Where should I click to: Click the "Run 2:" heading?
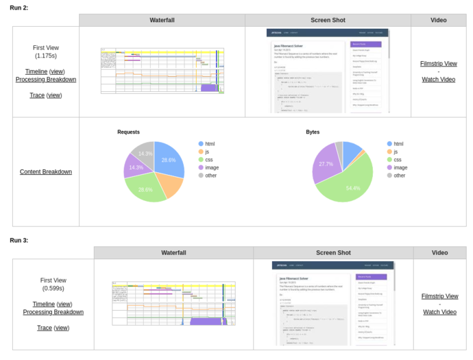(x=19, y=7)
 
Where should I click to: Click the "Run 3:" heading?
(x=19, y=240)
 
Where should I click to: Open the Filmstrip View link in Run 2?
(x=438, y=64)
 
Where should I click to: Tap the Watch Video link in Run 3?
(x=439, y=312)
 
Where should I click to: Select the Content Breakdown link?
(x=46, y=171)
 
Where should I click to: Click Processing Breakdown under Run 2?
(x=46, y=80)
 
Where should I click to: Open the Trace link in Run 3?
(x=45, y=328)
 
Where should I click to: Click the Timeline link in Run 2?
(x=36, y=71)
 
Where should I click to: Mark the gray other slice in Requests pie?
(x=143, y=152)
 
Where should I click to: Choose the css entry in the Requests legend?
(x=208, y=159)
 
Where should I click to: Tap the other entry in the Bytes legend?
(x=399, y=175)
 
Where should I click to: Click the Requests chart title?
(x=128, y=132)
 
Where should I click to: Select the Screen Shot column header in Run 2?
(x=328, y=20)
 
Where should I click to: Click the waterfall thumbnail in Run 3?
(x=173, y=303)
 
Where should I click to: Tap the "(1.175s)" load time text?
(x=46, y=56)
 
